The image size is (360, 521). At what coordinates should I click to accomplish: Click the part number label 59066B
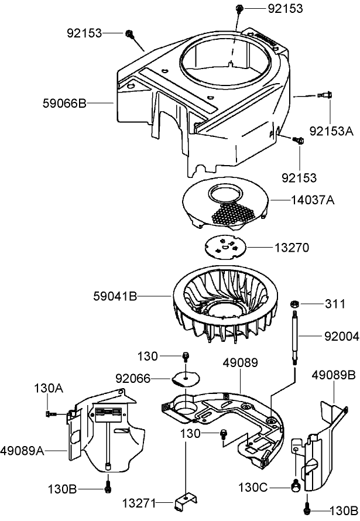(64, 103)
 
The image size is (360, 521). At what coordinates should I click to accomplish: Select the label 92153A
(332, 132)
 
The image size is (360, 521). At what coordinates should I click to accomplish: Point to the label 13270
(292, 248)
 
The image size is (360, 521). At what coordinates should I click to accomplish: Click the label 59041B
(115, 297)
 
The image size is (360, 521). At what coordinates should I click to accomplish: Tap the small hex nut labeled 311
(296, 303)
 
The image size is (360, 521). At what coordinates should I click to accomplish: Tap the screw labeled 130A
(50, 414)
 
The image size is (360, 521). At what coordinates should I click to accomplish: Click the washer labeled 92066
(186, 378)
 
